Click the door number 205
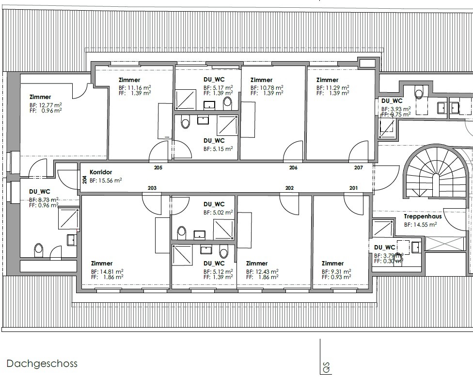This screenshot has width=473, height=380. tap(158, 167)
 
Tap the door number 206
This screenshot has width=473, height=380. tap(293, 167)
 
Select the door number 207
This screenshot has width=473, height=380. tap(358, 167)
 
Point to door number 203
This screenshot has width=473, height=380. tap(152, 188)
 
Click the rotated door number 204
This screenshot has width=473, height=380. tap(85, 180)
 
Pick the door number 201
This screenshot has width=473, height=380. tap(354, 188)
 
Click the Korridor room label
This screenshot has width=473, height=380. tap(101, 172)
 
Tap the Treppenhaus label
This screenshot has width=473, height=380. tap(423, 216)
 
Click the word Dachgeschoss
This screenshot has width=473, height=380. tap(42, 363)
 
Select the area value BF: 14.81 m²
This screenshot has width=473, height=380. tap(107, 272)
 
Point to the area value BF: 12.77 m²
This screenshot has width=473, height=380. tap(46, 105)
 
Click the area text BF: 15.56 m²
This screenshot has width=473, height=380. tap(106, 181)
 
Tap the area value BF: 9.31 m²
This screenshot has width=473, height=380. tap(336, 272)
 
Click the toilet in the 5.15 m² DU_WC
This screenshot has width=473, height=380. tap(185, 122)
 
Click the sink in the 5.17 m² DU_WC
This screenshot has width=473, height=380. tap(209, 105)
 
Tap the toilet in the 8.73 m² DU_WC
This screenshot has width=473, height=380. tap(38, 249)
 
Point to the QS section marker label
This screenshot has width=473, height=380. tap(326, 367)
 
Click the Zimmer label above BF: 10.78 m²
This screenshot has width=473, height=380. tap(262, 80)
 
